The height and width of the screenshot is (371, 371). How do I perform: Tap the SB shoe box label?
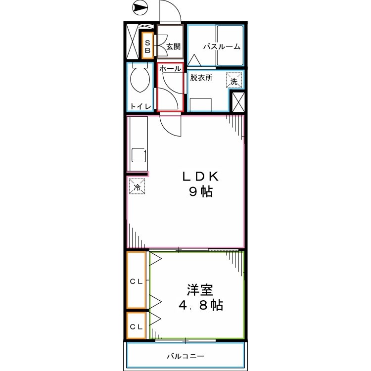[148, 46]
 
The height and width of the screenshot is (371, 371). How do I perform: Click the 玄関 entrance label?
[173, 46]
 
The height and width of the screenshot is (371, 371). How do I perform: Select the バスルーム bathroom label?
[222, 47]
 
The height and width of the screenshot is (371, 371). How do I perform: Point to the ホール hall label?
[170, 69]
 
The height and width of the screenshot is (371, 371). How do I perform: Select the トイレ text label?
[140, 106]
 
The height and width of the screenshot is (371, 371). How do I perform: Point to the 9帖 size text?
[200, 192]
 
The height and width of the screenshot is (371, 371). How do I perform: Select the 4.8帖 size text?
[200, 305]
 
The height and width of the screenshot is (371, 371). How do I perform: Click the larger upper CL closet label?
[136, 281]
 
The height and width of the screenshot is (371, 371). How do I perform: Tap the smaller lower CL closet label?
[136, 326]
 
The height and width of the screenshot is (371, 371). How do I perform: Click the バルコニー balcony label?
[185, 356]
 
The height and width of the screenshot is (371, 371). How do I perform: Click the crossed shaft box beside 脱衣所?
[238, 102]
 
